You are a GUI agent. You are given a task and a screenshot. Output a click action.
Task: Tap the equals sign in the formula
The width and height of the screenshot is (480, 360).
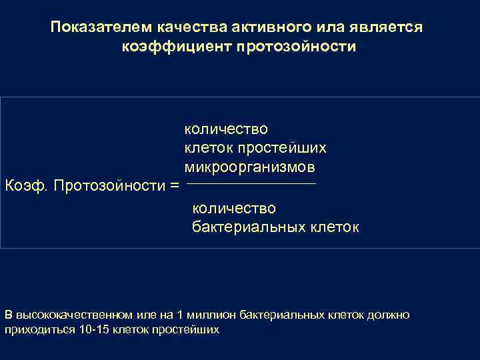[x=175, y=185]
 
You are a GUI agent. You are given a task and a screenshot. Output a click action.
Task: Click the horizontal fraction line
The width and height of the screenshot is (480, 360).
[x=251, y=183]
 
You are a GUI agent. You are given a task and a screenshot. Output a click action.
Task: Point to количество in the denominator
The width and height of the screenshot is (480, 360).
[x=234, y=209]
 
